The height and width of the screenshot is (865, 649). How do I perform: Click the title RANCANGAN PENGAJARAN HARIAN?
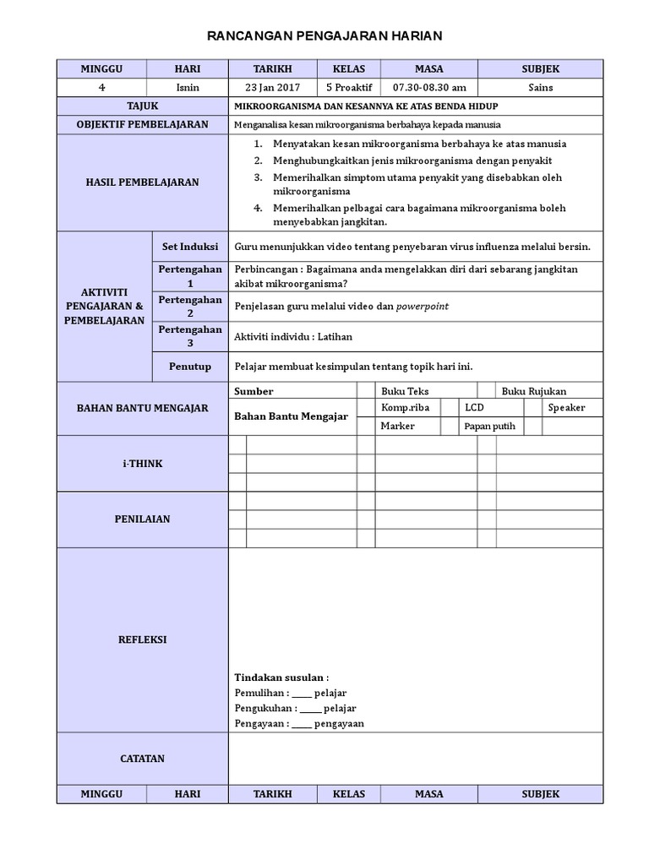coord(324,35)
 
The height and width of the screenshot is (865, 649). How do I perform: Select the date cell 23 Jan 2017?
coord(272,87)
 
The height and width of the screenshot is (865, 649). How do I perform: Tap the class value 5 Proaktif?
coord(348,87)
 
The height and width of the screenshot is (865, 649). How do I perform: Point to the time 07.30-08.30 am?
coord(429,87)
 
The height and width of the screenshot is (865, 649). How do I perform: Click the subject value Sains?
coord(540,87)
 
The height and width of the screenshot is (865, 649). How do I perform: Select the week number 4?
coord(101,87)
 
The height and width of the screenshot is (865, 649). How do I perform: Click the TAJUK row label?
coord(142,106)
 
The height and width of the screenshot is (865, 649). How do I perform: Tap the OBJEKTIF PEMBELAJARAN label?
coord(142,124)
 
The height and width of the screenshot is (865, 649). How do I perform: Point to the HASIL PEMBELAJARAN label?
coord(142,182)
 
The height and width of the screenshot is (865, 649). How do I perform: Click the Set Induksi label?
coord(189,246)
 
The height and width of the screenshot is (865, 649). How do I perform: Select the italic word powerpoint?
coord(422,306)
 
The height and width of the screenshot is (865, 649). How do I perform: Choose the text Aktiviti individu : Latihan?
coord(293,336)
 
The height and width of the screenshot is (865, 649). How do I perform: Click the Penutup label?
coord(189,367)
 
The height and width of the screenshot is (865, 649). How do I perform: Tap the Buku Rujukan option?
coord(534,391)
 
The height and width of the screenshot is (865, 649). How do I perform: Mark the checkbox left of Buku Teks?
coord(366,390)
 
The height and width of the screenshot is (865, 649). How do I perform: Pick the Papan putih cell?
coord(489,426)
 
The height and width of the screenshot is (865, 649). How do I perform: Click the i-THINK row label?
coord(142,464)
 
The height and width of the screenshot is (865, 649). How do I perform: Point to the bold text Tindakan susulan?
coord(281,677)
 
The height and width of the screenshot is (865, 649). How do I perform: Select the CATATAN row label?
coord(142,759)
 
